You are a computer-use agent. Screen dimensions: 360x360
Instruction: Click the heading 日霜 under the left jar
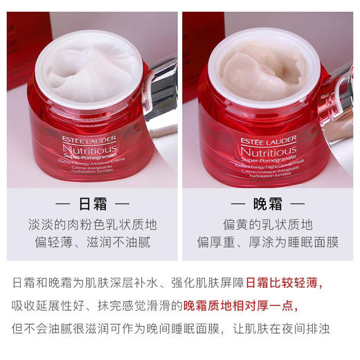click(92, 204)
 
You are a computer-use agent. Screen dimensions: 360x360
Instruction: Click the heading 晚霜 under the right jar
click(267, 204)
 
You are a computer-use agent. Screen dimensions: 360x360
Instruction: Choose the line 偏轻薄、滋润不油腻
click(92, 243)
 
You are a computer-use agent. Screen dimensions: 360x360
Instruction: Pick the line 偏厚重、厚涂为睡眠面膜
click(267, 243)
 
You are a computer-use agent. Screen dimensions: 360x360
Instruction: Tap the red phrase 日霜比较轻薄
click(284, 284)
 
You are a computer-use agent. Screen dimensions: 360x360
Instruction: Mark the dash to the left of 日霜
click(61, 204)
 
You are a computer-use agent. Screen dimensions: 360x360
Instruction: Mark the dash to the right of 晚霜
click(298, 204)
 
